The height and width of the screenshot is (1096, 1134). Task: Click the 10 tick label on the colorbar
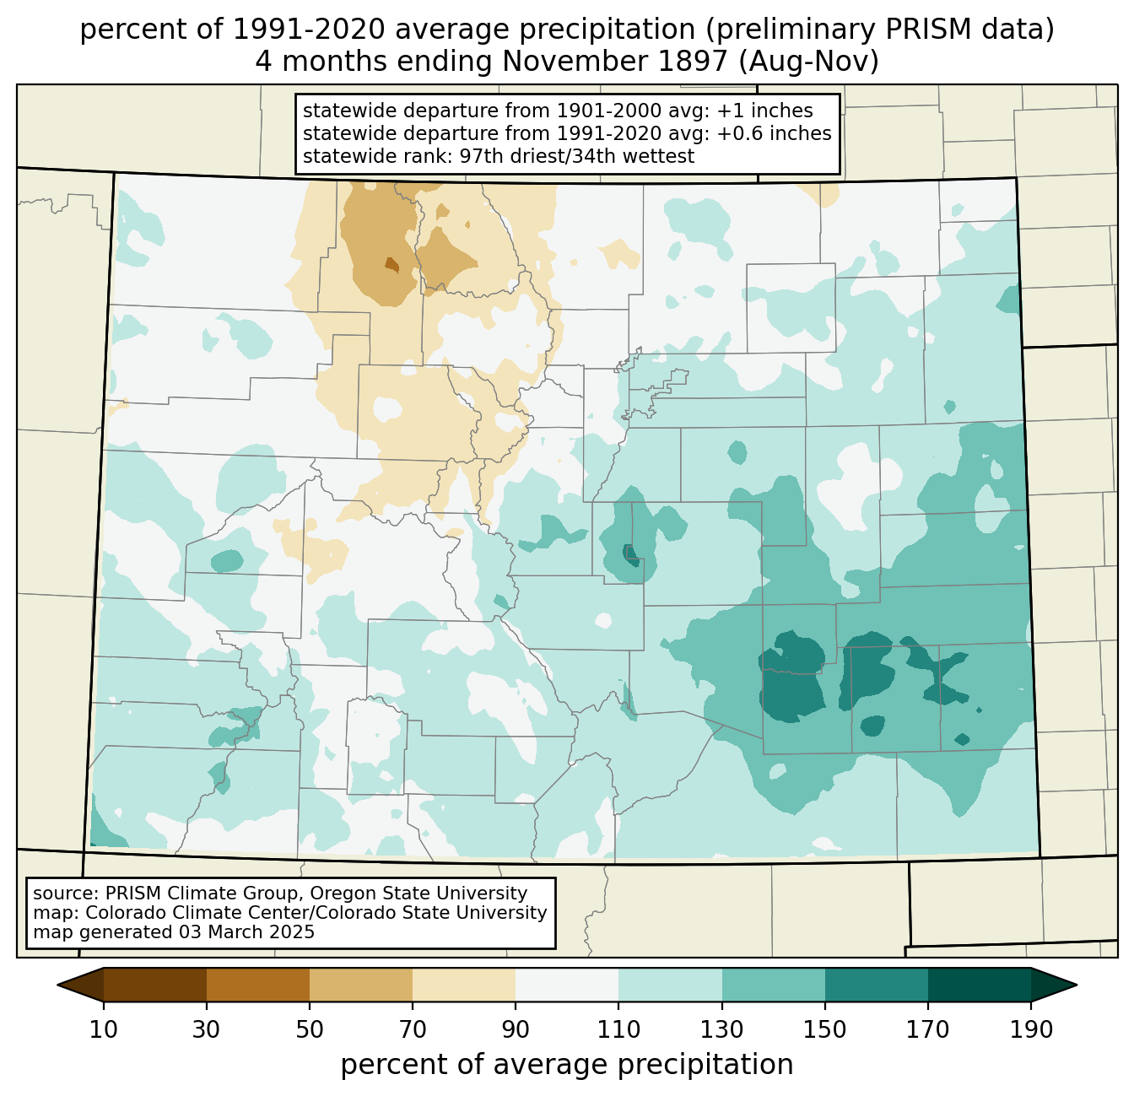(x=103, y=1029)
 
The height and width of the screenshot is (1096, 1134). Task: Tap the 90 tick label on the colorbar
(x=516, y=1029)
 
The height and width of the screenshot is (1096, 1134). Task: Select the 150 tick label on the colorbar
(x=824, y=1029)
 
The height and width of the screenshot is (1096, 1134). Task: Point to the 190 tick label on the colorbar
(x=1031, y=1029)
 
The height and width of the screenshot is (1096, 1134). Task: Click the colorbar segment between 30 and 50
(x=258, y=985)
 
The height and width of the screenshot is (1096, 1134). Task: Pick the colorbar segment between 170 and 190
(x=980, y=985)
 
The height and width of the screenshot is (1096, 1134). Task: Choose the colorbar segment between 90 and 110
(x=567, y=985)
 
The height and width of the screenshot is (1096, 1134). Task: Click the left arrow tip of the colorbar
(x=57, y=985)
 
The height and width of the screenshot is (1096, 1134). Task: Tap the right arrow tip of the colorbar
(x=1077, y=985)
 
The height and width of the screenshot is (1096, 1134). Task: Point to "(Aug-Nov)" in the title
(x=809, y=62)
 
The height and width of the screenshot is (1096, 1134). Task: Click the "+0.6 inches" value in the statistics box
(x=774, y=133)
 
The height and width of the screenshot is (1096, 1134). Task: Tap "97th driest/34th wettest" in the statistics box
(x=577, y=156)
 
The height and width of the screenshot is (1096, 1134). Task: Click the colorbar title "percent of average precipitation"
(x=567, y=1065)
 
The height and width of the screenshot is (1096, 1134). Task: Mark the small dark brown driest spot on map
(x=392, y=264)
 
